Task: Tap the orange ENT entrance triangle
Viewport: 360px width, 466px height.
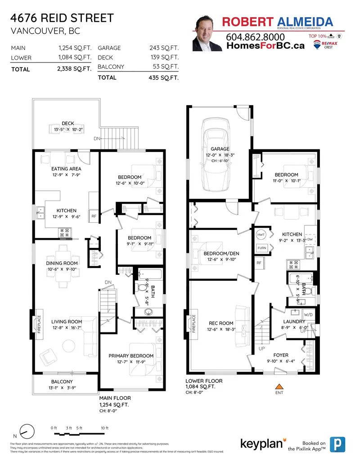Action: click(x=279, y=386)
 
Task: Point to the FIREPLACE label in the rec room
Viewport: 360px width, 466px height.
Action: click(x=194, y=323)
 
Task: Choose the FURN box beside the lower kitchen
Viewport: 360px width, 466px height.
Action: click(x=261, y=248)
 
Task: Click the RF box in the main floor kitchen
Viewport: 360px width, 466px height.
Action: click(x=94, y=216)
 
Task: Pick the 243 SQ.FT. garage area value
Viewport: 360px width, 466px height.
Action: click(x=164, y=48)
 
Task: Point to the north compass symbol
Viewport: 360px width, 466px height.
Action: click(x=27, y=431)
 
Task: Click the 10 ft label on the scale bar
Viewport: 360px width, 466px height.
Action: click(x=104, y=427)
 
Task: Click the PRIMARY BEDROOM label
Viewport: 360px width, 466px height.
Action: click(x=131, y=355)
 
